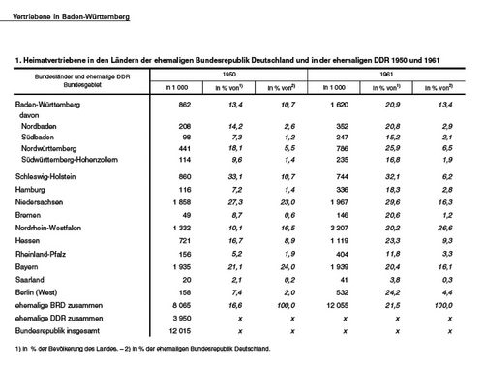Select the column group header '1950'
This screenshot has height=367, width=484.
227,74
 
